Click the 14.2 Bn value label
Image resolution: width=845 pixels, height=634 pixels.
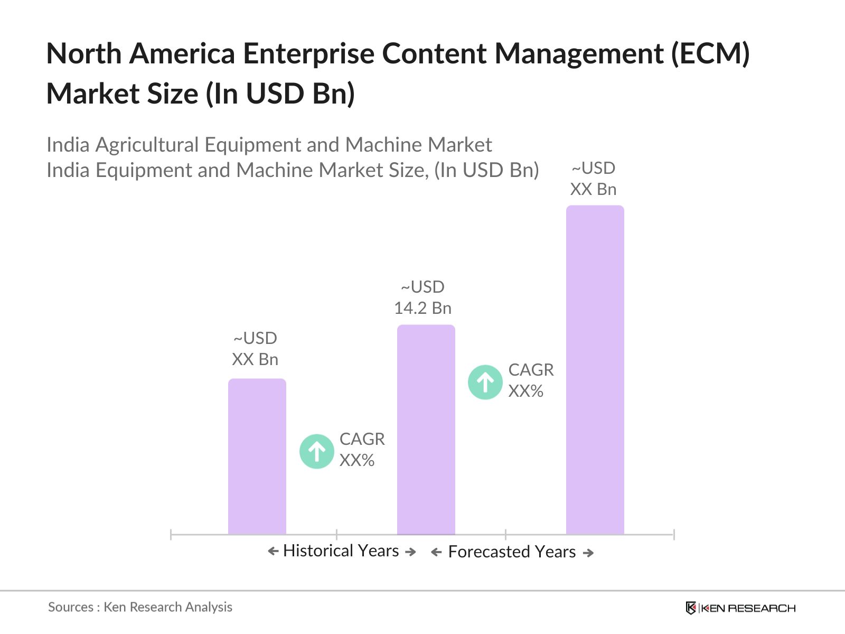coord(422,307)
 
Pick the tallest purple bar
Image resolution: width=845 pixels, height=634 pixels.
coord(595,370)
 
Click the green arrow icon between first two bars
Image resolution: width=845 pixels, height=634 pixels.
coord(316,451)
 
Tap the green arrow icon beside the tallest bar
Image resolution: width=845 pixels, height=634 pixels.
coord(485,382)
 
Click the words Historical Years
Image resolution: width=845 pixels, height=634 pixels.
coord(341,551)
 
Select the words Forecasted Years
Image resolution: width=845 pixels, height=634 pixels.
coord(511,552)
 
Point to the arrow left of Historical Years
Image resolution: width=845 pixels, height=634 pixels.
coord(273,552)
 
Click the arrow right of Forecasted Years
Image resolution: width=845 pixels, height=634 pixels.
coord(588,553)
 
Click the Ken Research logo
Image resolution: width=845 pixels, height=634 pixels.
coord(740,608)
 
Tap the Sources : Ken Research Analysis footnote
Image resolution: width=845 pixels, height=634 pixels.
coord(140,607)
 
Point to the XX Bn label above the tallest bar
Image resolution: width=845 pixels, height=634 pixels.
coord(593,189)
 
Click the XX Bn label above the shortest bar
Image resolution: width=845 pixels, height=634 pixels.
coord(255,359)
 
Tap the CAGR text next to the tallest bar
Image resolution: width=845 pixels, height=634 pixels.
coord(530,370)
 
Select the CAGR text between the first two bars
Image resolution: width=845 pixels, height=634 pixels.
coord(362,439)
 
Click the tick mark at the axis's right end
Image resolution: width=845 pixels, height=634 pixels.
coord(673,535)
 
